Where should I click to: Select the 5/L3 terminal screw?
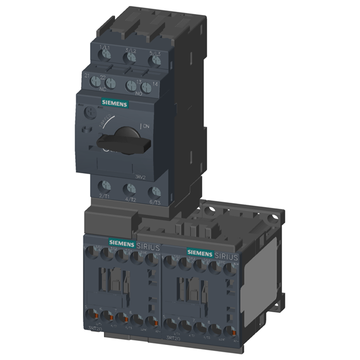tap(153, 61)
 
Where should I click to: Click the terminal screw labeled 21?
tap(95, 81)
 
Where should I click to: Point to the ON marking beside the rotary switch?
tap(146, 127)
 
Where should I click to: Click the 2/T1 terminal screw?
tap(105, 186)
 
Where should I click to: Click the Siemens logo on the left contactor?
tap(120, 242)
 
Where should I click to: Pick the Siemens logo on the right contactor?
tap(200, 252)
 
